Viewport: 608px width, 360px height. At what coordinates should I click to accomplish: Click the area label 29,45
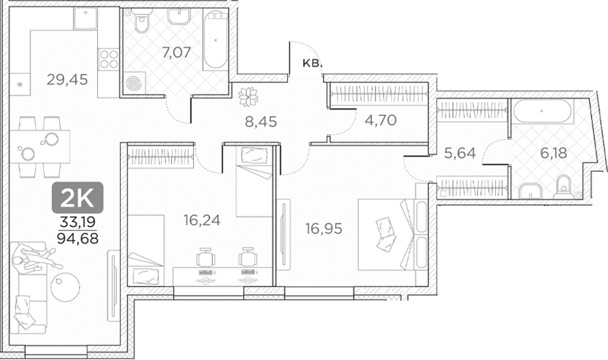point(67,80)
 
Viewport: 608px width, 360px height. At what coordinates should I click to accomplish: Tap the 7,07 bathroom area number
point(177,52)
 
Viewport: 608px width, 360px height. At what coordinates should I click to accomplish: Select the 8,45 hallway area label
point(261,122)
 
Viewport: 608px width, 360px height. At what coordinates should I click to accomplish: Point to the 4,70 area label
point(381,120)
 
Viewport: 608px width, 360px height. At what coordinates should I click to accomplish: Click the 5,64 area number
point(460,153)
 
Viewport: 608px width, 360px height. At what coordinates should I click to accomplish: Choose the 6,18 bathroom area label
point(554,153)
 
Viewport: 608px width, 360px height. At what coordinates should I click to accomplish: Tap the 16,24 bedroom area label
point(202,220)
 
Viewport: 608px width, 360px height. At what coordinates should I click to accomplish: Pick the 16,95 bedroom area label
point(324,229)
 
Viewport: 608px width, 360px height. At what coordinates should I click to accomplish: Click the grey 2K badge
point(78,198)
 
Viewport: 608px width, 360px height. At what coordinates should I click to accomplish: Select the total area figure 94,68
point(78,238)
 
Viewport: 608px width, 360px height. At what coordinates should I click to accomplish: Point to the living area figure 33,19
point(78,222)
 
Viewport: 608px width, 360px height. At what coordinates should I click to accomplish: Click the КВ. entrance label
point(312,63)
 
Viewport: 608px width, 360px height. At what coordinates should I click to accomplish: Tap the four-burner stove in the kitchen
point(109,59)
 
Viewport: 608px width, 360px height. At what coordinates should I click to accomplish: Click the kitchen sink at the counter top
point(85,18)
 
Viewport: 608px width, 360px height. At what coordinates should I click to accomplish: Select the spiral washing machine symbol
point(134,83)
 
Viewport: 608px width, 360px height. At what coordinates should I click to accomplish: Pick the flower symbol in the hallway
point(248,97)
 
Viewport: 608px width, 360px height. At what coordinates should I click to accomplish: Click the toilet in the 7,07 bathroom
point(141,22)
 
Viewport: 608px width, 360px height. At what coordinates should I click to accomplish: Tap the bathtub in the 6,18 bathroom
point(542,111)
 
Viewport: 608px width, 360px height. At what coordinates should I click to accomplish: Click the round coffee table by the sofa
point(66,287)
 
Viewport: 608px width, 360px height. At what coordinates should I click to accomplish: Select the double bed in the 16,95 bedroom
point(392,235)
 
